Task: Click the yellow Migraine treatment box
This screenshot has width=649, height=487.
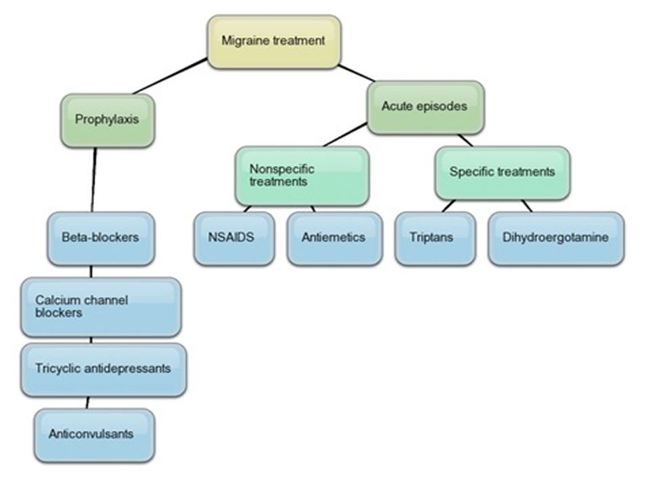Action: [x=274, y=42]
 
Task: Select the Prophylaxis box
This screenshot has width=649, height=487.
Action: [x=107, y=120]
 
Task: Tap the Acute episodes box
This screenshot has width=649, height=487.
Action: [x=425, y=108]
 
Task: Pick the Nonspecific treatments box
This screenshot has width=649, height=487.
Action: [x=302, y=176]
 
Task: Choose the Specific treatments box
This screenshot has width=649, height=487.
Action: [x=502, y=172]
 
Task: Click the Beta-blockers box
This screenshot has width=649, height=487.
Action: [x=101, y=239]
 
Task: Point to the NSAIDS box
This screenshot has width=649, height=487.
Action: [x=234, y=239]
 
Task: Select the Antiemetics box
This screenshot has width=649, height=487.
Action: [x=335, y=239]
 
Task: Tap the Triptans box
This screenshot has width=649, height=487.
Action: [x=435, y=239]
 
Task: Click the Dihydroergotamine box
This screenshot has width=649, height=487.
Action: [x=556, y=239]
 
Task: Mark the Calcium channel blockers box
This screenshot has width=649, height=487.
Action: [x=101, y=307]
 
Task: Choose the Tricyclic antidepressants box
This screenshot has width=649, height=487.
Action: [x=103, y=370]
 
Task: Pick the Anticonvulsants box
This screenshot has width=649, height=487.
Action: [x=95, y=435]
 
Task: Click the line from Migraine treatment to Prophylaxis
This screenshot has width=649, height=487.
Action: [x=170, y=76]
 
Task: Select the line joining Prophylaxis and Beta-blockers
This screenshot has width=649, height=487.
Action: [x=93, y=180]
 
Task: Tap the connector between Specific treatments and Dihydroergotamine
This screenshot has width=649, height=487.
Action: [x=527, y=206]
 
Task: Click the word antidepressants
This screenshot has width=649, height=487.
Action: [x=133, y=368]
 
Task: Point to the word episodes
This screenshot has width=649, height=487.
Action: [x=441, y=107]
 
